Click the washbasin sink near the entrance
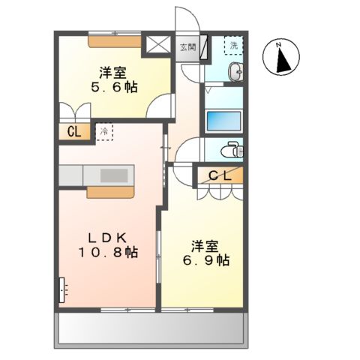click(x=235, y=73)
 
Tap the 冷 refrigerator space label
click(x=104, y=132)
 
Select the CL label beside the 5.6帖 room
click(x=74, y=132)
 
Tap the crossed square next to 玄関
click(x=158, y=45)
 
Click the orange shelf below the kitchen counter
click(x=110, y=192)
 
